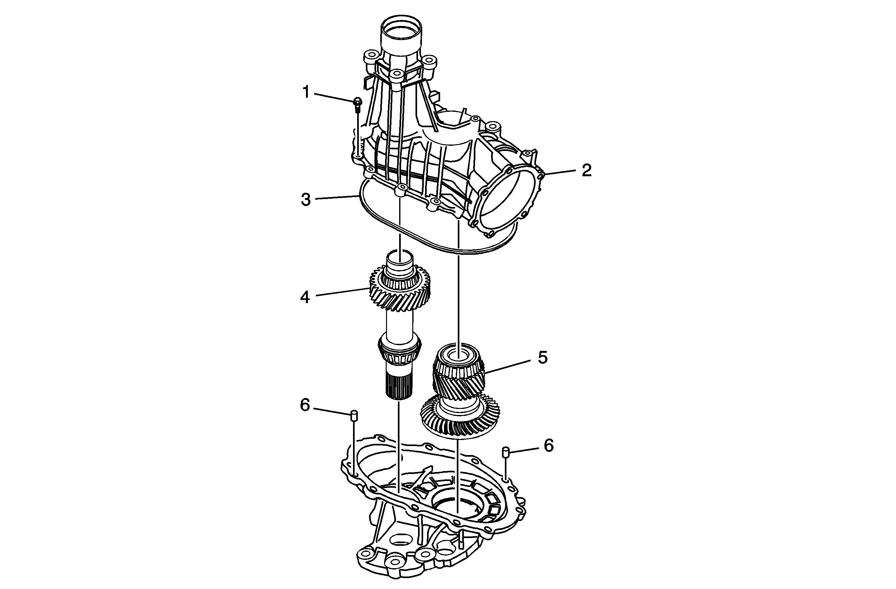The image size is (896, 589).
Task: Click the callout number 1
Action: pos(306,92)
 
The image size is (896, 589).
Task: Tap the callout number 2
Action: pos(586,170)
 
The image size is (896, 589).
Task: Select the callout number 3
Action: pos(306,199)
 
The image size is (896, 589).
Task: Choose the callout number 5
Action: pos(542,357)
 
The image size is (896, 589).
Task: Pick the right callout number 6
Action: pos(548,445)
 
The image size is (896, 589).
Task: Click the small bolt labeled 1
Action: pos(358,104)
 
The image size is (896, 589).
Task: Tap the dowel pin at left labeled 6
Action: pos(354,416)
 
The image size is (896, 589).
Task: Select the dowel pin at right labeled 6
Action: pos(506,451)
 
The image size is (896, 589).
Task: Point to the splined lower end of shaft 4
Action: pos(398,388)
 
